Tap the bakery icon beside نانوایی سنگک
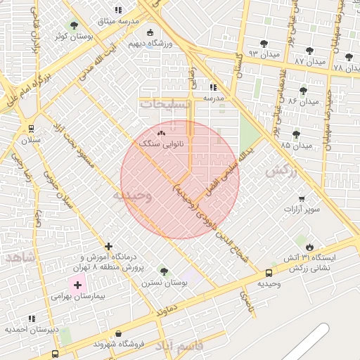161,132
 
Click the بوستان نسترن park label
165,283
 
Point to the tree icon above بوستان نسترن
164,271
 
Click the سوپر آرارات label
302,210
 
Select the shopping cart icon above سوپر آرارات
302,199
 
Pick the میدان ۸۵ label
296,146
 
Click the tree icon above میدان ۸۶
303,91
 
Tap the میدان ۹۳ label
263,54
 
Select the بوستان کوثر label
72,36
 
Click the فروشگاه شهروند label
118,345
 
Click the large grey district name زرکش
278,170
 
